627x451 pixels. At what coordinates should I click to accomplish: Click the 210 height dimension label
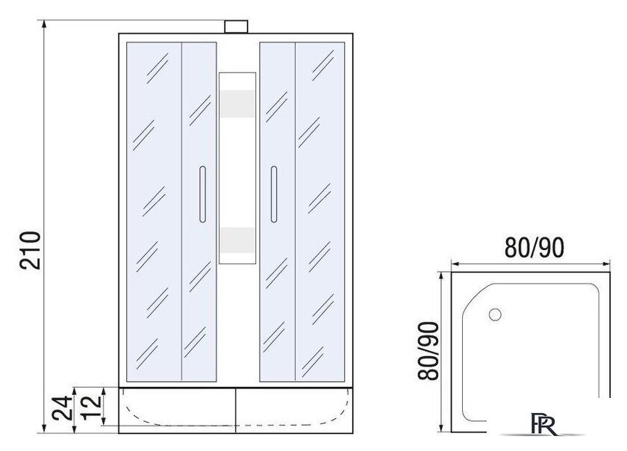(31, 250)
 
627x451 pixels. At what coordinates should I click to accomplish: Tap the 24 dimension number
(63, 408)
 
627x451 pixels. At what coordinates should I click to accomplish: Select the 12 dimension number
(92, 407)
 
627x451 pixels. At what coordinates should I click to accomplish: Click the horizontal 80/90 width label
(534, 247)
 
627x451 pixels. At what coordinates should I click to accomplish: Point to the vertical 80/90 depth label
(428, 350)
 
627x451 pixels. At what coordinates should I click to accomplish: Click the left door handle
(202, 194)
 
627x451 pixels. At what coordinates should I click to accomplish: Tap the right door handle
(273, 194)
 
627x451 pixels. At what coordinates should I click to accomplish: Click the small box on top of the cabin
(236, 27)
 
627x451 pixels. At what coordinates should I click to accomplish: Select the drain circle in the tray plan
(495, 314)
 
